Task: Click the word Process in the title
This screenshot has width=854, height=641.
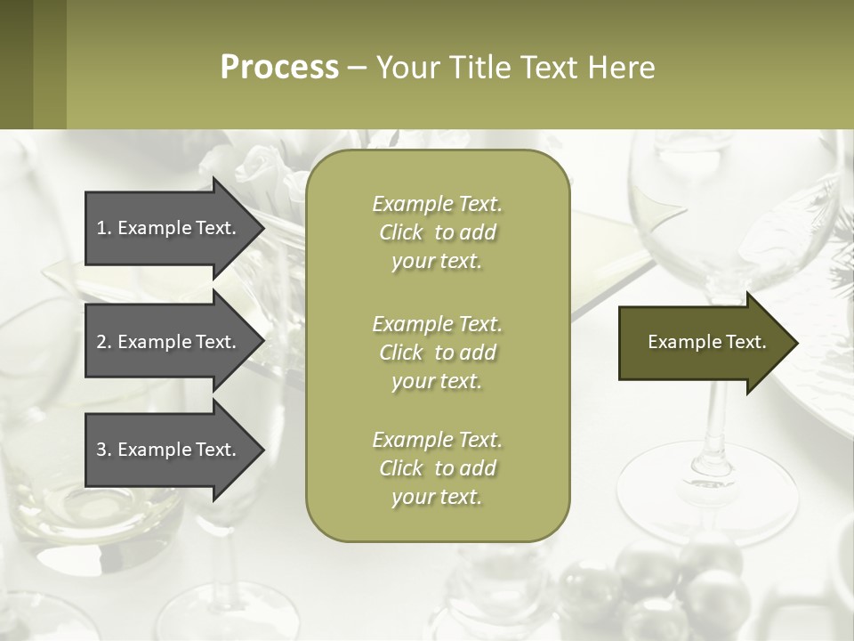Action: (x=279, y=68)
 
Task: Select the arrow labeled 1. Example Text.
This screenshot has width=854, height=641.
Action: (x=169, y=228)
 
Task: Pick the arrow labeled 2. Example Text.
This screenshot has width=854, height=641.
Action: (x=169, y=342)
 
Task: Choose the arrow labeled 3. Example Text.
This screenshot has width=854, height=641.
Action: (x=169, y=450)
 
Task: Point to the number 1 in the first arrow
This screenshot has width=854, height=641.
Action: (x=101, y=228)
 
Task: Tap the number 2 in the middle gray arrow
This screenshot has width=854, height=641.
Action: (x=101, y=342)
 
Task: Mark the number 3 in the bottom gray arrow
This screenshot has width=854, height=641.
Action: (x=101, y=450)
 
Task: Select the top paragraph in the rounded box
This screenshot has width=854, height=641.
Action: (x=438, y=232)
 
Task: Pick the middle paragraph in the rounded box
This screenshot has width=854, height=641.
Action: (x=438, y=353)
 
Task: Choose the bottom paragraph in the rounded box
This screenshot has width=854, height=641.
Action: (x=438, y=468)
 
